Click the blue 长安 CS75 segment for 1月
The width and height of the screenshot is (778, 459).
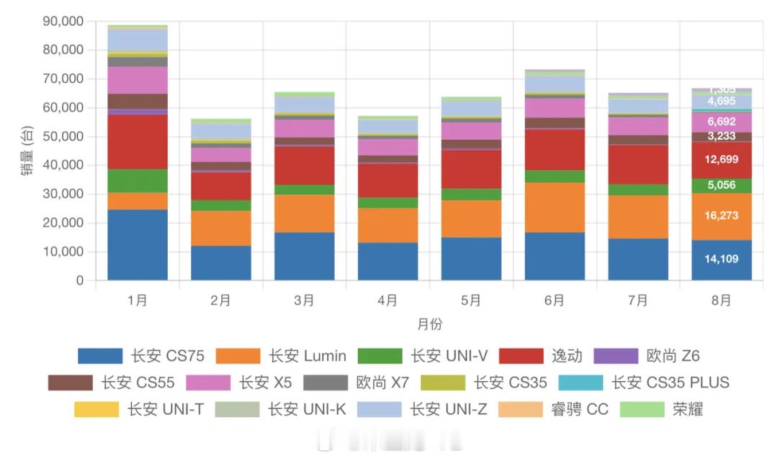[138, 245]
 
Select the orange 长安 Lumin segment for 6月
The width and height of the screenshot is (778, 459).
[555, 208]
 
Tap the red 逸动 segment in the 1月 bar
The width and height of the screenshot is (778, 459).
[138, 142]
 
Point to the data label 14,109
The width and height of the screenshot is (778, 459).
[721, 259]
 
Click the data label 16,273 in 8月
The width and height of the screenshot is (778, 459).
[721, 215]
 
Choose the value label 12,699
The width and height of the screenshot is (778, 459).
[721, 159]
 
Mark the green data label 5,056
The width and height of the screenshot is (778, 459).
[721, 185]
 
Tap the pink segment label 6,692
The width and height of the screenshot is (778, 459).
[721, 122]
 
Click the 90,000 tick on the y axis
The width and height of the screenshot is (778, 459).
[63, 22]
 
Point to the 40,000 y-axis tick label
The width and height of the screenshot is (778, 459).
[63, 166]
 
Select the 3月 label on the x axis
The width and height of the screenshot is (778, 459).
[304, 300]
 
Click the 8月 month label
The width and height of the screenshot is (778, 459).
[721, 300]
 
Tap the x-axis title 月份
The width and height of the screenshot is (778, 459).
[429, 325]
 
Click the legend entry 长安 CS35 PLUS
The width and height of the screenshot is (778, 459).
[670, 383]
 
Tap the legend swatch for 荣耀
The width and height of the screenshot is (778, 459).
[642, 409]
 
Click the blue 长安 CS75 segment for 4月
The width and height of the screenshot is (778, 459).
[388, 262]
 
